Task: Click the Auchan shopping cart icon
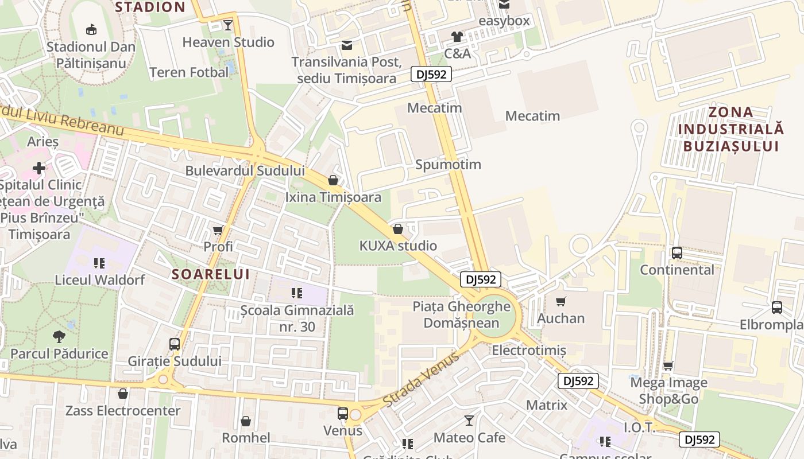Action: tap(561, 301)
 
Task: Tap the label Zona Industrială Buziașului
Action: tap(730, 129)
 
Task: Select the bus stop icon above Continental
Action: tap(677, 253)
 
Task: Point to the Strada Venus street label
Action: tap(420, 379)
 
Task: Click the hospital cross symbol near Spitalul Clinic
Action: tap(38, 168)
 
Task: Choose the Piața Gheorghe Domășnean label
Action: tap(462, 314)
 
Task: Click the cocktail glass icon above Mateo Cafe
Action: tap(469, 421)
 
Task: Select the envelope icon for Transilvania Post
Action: tap(347, 45)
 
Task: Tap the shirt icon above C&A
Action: tap(457, 37)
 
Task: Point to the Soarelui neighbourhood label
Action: tap(211, 274)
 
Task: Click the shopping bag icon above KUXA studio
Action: tap(397, 229)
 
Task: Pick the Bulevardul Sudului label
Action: tap(245, 170)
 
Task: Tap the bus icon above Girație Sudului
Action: tap(175, 344)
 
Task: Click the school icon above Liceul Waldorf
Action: tap(99, 263)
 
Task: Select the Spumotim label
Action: tap(448, 165)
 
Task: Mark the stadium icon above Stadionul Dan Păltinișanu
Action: tap(91, 29)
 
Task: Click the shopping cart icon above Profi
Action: tap(218, 231)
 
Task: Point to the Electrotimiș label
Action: tap(529, 350)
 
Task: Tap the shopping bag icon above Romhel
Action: tap(246, 421)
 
